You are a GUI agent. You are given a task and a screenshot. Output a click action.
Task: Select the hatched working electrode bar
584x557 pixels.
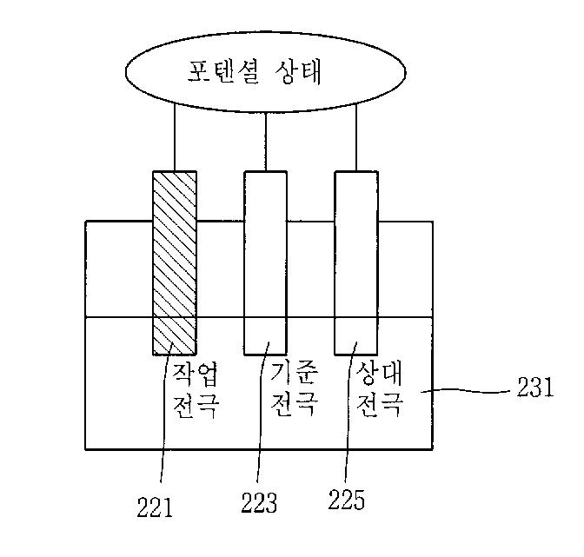[175, 261]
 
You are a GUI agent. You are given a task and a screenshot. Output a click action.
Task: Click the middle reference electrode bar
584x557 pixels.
[265, 261]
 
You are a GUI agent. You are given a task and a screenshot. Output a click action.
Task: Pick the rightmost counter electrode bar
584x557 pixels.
[356, 261]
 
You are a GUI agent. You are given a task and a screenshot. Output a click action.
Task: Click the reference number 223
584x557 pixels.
[259, 501]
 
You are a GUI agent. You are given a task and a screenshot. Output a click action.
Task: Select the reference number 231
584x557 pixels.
[534, 388]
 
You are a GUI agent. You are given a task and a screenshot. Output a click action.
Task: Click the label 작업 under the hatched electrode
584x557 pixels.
[196, 375]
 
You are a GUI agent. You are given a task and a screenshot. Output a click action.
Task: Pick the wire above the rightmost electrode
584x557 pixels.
[356, 139]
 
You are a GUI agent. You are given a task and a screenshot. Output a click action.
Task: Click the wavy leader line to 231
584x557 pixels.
[474, 392]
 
